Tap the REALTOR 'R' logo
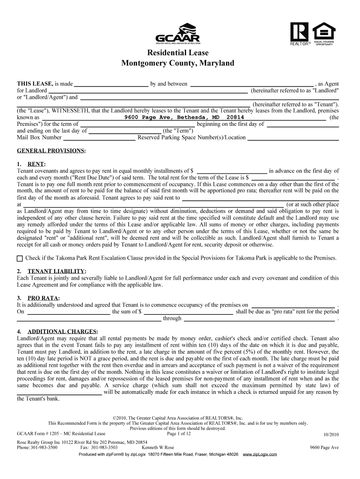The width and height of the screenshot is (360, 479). coord(299,31)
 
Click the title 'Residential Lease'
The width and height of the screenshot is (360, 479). coord(178,52)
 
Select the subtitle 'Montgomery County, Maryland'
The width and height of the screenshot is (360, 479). coord(178,63)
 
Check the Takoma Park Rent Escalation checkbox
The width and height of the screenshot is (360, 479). coord(20,258)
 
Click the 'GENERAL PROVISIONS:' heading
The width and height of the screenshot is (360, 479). coord(51,151)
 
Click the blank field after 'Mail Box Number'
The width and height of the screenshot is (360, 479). coord(99,138)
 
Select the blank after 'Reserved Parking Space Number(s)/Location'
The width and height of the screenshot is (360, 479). coord(293,138)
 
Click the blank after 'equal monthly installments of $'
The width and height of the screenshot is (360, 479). coord(232,171)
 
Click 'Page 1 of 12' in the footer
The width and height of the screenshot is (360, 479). coord(179,434)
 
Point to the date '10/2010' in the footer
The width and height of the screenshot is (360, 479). coord(331,434)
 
